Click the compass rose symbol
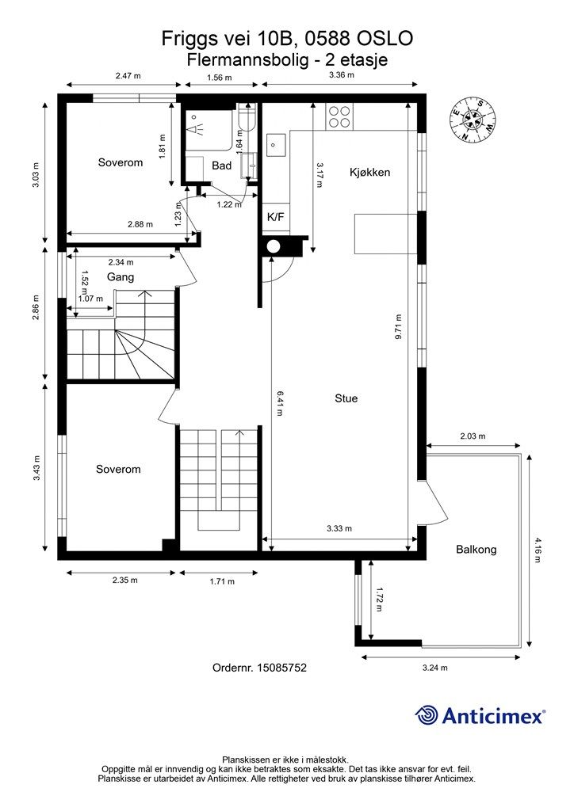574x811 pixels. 473,120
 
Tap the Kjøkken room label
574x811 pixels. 369,172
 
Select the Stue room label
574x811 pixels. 346,398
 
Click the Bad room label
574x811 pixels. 221,166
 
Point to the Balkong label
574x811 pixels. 476,550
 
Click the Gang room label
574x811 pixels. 121,277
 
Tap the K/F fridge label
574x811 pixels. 275,217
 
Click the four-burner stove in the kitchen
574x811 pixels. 339,117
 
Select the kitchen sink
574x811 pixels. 276,145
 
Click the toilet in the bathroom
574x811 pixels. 246,118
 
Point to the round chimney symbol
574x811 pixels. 274,247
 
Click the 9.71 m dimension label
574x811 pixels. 399,327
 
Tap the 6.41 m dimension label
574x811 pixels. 280,403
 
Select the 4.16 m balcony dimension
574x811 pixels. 537,550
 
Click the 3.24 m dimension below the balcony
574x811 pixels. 434,668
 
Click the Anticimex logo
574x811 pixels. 480,716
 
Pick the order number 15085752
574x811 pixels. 259,668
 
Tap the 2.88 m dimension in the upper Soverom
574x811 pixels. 140,224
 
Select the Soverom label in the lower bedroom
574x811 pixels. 118,469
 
